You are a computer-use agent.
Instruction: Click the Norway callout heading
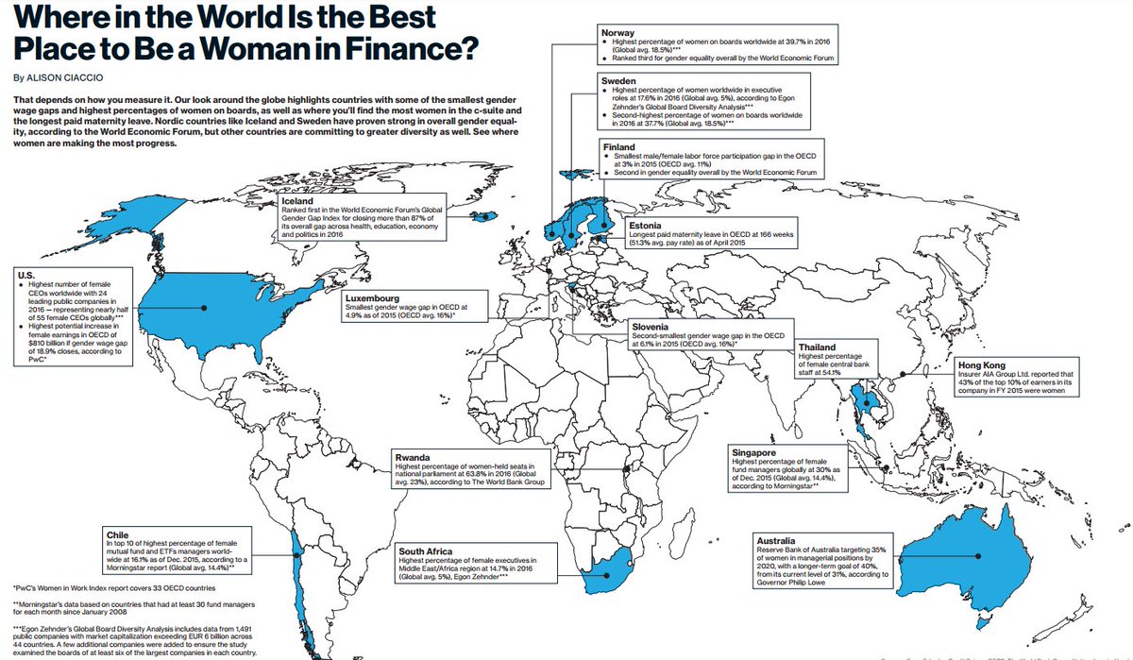tap(619, 32)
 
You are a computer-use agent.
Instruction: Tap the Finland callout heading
tap(620, 148)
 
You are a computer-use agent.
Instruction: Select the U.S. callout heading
tap(27, 275)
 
